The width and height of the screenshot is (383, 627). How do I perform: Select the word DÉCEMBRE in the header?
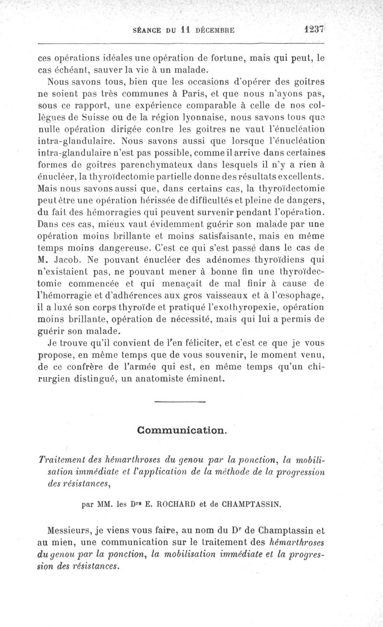[214, 29]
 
